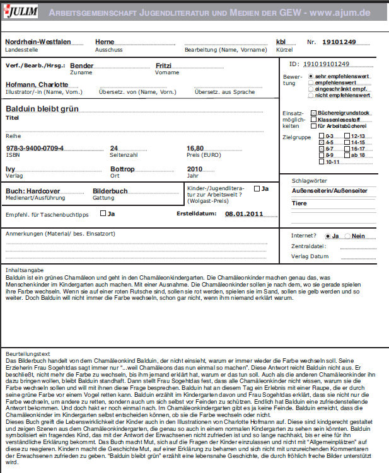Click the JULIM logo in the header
21,11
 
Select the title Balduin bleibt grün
42,109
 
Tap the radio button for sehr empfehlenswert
311,76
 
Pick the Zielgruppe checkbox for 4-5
322,142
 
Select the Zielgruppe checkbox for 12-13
347,136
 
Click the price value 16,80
195,149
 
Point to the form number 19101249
339,42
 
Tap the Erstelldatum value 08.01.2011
243,214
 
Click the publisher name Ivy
10,169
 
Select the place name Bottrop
122,169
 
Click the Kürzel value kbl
281,42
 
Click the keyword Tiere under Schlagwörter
299,203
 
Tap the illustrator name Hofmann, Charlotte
37,84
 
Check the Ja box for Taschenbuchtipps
103,214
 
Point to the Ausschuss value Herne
105,42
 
